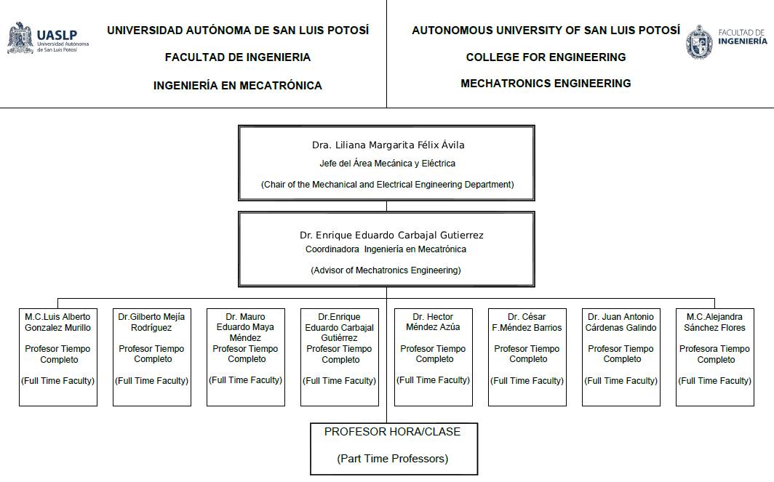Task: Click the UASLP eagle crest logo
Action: (x=20, y=38)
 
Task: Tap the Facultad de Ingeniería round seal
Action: (x=699, y=42)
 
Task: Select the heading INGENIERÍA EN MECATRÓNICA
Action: (x=237, y=85)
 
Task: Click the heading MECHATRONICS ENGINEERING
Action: (x=546, y=84)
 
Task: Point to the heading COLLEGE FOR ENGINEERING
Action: (x=546, y=57)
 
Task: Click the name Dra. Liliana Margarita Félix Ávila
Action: (x=388, y=145)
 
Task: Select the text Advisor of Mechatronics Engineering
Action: (x=386, y=270)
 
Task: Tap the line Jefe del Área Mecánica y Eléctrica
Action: (x=387, y=164)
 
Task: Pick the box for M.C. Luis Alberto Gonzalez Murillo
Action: (x=58, y=357)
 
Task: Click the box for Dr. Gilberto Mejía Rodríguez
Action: (x=152, y=357)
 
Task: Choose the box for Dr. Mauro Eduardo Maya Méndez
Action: (x=246, y=357)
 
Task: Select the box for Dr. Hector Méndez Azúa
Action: (x=434, y=357)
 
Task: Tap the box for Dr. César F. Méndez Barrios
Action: (x=527, y=357)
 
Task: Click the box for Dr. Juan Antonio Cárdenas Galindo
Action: (x=621, y=357)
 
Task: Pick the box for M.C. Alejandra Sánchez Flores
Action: (x=715, y=357)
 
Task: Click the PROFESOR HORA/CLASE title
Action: (x=392, y=432)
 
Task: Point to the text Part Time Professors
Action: (x=392, y=459)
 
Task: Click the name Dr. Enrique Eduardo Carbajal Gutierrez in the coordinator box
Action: (x=391, y=236)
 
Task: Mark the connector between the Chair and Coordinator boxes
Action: (x=386, y=206)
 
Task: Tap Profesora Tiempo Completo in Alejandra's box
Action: (x=715, y=354)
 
